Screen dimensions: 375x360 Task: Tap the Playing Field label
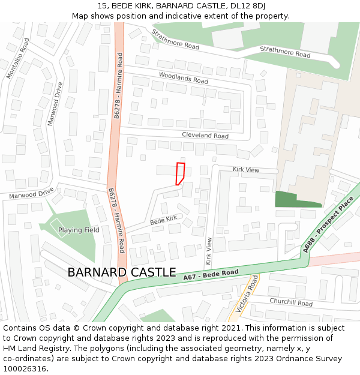click(x=79, y=230)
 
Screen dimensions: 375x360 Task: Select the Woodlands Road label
click(x=183, y=77)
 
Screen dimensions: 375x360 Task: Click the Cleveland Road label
click(x=205, y=136)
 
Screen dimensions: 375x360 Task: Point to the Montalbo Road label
click(x=17, y=59)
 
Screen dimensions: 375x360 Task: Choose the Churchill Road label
click(x=291, y=302)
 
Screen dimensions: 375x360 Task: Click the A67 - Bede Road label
click(x=211, y=275)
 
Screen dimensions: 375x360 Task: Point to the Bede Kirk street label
click(x=164, y=220)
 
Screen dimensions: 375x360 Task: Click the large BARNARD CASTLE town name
click(x=122, y=272)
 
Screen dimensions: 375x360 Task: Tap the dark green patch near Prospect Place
click(x=294, y=199)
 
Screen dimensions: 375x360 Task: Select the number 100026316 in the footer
click(x=26, y=368)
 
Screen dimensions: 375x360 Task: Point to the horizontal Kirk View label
click(x=246, y=170)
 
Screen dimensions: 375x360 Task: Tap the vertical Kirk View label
click(x=209, y=251)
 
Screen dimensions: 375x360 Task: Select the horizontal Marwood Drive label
click(x=31, y=194)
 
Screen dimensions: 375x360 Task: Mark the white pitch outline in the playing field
click(x=58, y=227)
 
